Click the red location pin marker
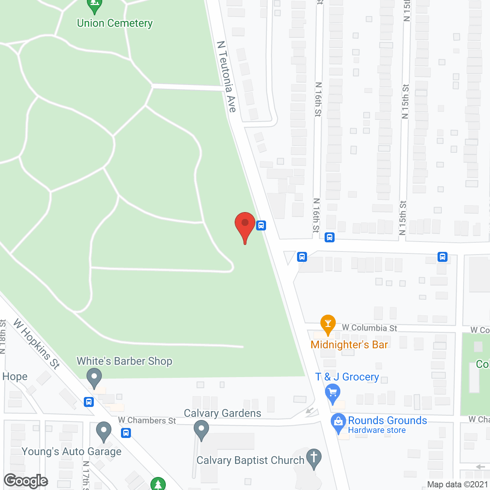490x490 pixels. pyautogui.click(x=245, y=226)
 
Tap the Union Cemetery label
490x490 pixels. pyautogui.click(x=115, y=23)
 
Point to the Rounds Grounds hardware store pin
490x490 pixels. pyautogui.click(x=338, y=423)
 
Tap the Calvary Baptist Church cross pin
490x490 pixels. pyautogui.click(x=314, y=458)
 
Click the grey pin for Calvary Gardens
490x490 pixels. pyautogui.click(x=201, y=429)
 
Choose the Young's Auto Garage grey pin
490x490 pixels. pyautogui.click(x=103, y=431)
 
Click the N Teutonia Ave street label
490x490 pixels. pyautogui.click(x=227, y=77)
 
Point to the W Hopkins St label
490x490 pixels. pyautogui.click(x=37, y=344)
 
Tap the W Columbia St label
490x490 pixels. pyautogui.click(x=369, y=328)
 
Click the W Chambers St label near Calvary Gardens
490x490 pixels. pyautogui.click(x=147, y=420)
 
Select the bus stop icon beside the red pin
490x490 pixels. pyautogui.click(x=261, y=225)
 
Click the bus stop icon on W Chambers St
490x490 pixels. pyautogui.click(x=126, y=433)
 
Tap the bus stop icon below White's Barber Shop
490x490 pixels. pyautogui.click(x=89, y=402)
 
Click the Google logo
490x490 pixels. pyautogui.click(x=26, y=481)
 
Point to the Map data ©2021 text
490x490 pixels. pyautogui.click(x=457, y=485)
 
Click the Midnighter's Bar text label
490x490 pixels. pyautogui.click(x=349, y=345)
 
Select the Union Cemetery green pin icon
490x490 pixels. pyautogui.click(x=94, y=6)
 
